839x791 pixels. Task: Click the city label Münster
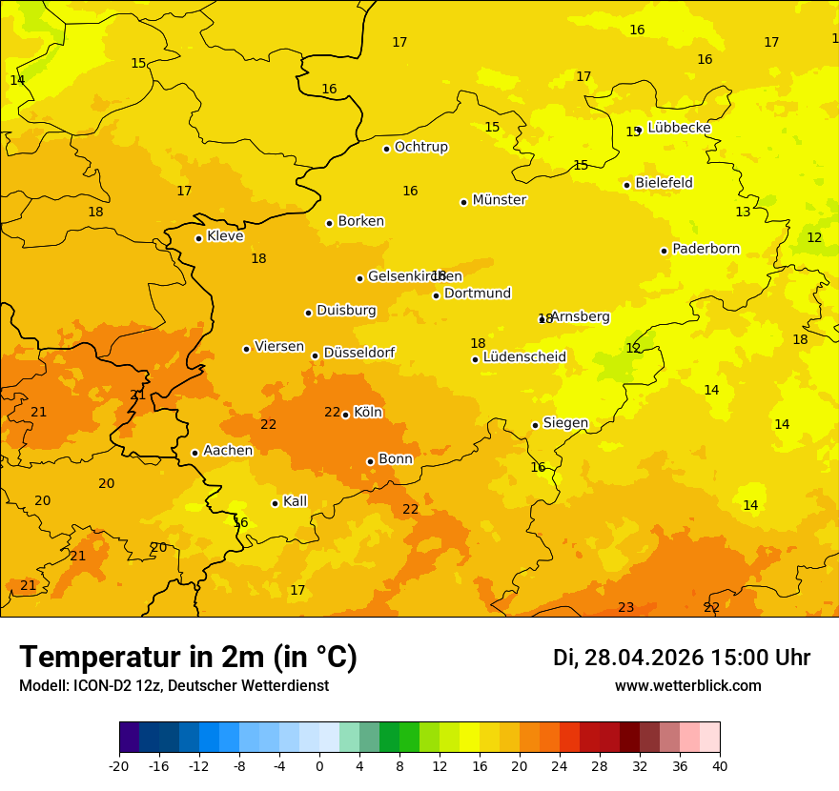pos(499,200)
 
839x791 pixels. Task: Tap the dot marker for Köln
pos(345,415)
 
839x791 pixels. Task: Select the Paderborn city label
pos(706,249)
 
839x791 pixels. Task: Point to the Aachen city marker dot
pos(194,453)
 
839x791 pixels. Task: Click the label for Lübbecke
pos(679,128)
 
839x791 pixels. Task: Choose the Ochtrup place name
pos(420,147)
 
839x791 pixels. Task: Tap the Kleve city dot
pos(198,238)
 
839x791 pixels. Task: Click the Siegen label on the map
pos(565,423)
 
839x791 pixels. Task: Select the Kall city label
pos(295,501)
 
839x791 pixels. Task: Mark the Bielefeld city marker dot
pos(626,185)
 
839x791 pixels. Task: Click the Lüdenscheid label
pos(524,357)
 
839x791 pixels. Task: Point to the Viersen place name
pos(278,347)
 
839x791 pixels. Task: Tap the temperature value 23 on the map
pos(625,607)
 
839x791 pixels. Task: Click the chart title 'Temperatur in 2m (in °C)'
pos(188,658)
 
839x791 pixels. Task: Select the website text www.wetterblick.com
pos(687,685)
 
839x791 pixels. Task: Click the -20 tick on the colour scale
pos(119,765)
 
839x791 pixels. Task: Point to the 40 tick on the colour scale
pos(720,765)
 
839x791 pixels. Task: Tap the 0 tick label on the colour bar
pos(319,765)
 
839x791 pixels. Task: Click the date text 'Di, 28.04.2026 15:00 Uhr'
pos(681,658)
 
